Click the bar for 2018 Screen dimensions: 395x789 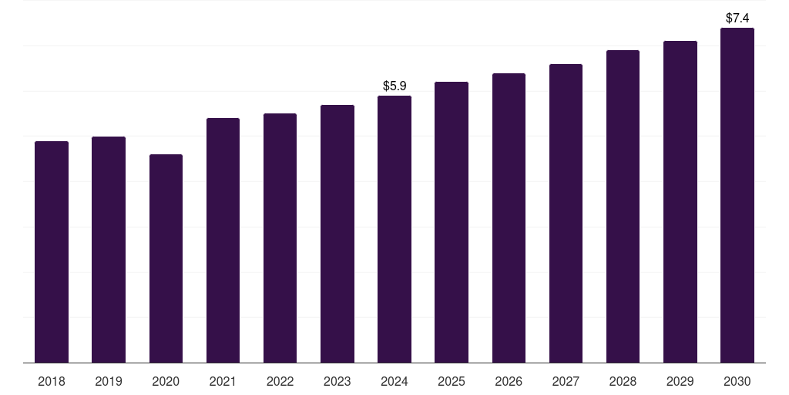tap(52, 252)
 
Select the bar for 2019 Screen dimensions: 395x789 tap(109, 249)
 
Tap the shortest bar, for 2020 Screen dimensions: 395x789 tap(166, 258)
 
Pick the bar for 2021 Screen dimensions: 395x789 tap(223, 240)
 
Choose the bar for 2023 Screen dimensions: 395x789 tap(337, 234)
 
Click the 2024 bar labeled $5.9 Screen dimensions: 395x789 tap(394, 229)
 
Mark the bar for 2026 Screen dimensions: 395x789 tap(509, 218)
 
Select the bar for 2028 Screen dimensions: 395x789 tap(623, 206)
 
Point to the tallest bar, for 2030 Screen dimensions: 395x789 tap(737, 195)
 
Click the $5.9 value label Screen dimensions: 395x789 tap(394, 86)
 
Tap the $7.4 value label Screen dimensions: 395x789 tap(737, 18)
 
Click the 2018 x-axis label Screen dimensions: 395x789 tap(52, 381)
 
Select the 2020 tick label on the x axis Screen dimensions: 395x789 tap(166, 381)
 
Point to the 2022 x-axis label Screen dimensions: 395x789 tap(280, 381)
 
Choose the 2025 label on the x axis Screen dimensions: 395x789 tap(452, 381)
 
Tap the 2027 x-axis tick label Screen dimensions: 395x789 tap(566, 381)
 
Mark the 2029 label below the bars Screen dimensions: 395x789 tap(680, 381)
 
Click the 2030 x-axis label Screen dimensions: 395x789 tap(737, 381)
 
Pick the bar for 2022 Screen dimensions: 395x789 tap(280, 238)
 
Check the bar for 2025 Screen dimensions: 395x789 tap(452, 222)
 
